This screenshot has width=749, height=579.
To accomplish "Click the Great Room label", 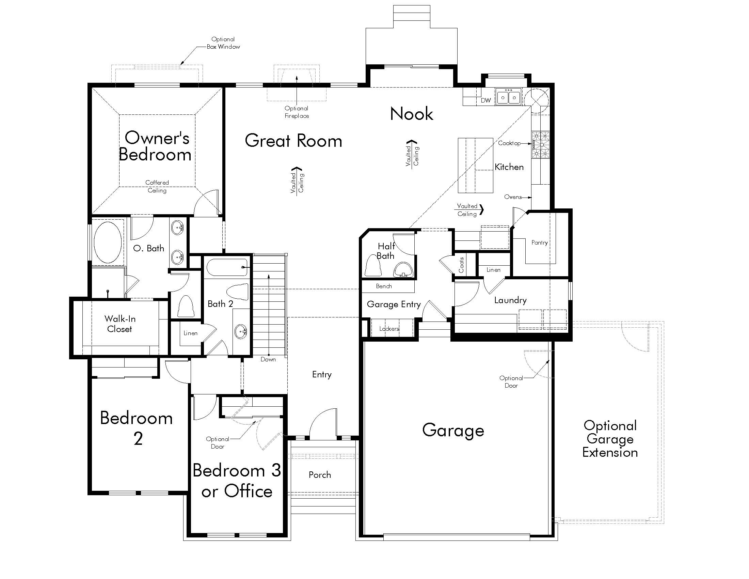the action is tap(293, 141).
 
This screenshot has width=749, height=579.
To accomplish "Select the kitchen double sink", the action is tap(508, 97).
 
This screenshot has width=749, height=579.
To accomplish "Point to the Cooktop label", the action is tap(509, 143).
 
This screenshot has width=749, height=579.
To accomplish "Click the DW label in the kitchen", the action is tap(485, 100).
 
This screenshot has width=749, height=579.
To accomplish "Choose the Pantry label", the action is tap(540, 242).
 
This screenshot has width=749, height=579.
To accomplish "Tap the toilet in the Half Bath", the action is tap(373, 266).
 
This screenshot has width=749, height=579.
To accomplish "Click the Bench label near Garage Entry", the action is tap(384, 286).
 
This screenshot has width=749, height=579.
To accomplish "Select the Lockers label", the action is tap(389, 329).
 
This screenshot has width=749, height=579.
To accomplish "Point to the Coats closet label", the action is tap(461, 265).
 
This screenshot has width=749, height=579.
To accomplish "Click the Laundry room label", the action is tap(510, 300).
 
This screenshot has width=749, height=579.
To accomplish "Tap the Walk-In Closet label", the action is tap(120, 324).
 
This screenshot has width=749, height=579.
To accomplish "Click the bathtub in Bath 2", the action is tap(227, 267).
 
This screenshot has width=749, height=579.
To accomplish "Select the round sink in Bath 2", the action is tap(241, 331).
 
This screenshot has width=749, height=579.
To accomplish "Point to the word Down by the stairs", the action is tap(268, 359).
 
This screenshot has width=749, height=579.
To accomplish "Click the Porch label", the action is tap(320, 475).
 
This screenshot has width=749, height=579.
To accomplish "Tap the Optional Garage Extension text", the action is tap(610, 439).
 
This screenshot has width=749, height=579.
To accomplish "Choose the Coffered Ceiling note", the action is tap(157, 187).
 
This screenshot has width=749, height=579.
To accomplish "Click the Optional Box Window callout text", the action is tap(223, 43).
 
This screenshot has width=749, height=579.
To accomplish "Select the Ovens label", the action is tap(513, 197).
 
